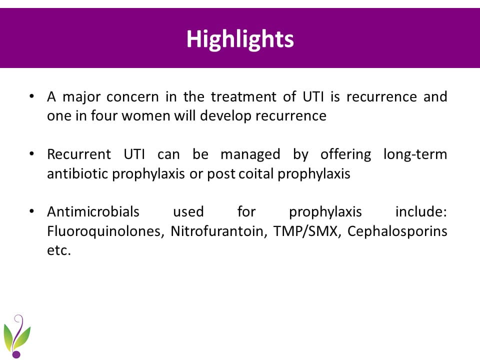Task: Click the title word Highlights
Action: [x=240, y=39]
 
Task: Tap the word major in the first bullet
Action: [x=81, y=97]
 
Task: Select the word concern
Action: [x=132, y=97]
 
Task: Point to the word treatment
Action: [x=243, y=96]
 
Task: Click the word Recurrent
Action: [x=78, y=154]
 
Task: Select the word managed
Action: [x=250, y=155]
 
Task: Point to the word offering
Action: [x=345, y=155]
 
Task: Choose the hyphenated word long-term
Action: [x=415, y=154]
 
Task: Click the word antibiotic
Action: [x=77, y=173]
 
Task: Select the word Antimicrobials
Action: [x=93, y=212]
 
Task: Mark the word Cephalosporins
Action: [x=397, y=231]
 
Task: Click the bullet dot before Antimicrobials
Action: [x=31, y=211]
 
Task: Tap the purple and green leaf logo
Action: [x=17, y=336]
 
